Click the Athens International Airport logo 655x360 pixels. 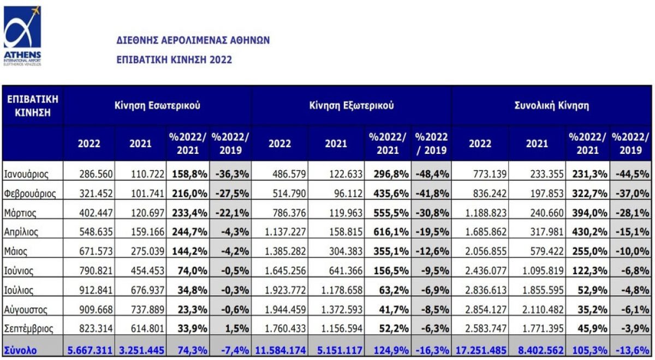[x=22, y=35]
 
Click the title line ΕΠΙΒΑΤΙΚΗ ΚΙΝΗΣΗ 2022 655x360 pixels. [x=174, y=59]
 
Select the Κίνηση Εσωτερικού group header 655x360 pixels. [x=157, y=106]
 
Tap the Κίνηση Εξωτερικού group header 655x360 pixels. [x=352, y=106]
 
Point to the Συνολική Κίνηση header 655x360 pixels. [x=552, y=106]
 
